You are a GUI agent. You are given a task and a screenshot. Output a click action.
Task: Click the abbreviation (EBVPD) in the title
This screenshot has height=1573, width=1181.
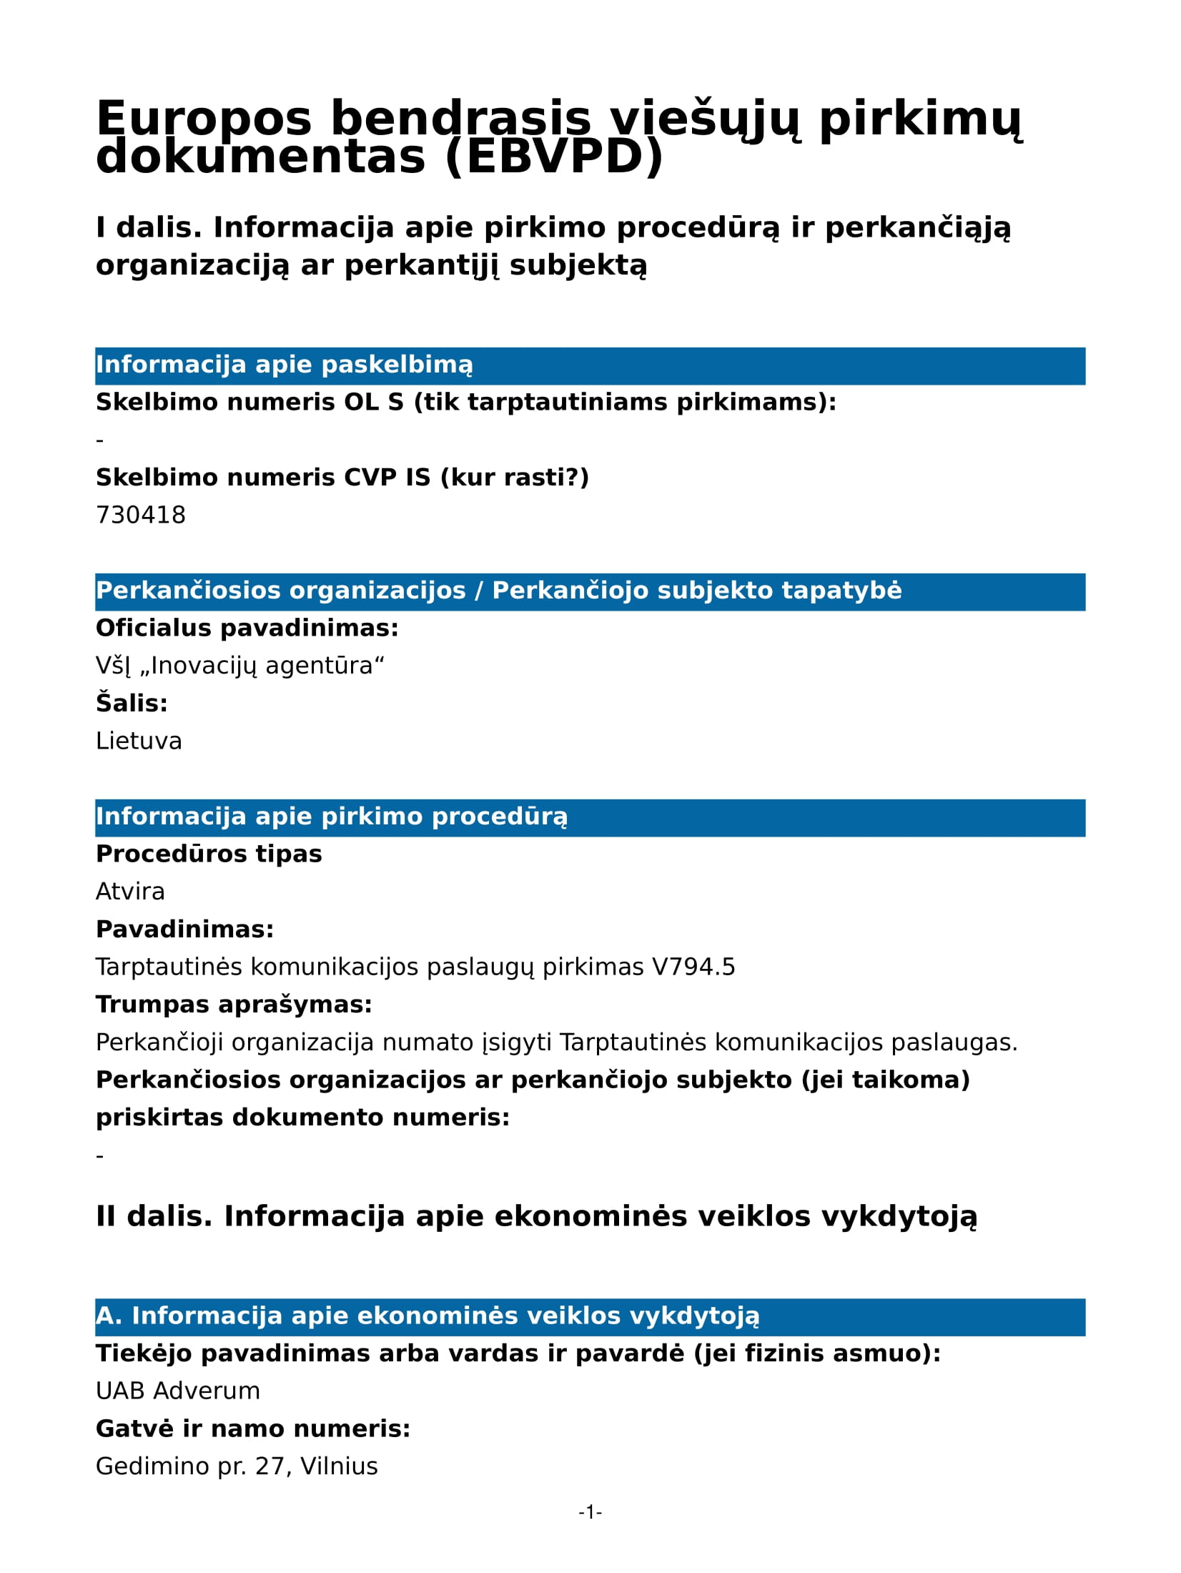coord(555,158)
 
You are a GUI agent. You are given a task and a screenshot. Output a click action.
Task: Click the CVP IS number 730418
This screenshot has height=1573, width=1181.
coord(141,515)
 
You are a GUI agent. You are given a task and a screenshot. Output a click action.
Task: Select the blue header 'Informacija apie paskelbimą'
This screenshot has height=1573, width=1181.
coord(285,365)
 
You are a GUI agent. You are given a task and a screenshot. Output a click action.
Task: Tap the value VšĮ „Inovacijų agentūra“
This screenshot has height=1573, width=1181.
coord(240,666)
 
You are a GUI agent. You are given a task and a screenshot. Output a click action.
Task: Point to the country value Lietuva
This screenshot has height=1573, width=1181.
coord(139,741)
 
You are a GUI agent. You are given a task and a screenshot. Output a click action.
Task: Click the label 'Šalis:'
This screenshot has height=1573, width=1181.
coord(132,704)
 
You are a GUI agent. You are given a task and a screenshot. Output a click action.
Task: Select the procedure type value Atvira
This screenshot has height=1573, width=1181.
coord(130,892)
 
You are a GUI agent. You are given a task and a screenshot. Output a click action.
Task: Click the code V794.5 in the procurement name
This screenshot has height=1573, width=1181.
coord(693,967)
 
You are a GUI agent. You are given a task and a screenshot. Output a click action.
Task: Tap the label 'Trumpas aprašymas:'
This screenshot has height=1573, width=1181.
coord(234,1005)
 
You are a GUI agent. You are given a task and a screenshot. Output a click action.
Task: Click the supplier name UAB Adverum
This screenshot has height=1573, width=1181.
coord(178,1391)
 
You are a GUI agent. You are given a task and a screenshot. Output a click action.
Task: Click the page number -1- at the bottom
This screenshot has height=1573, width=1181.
coord(590,1512)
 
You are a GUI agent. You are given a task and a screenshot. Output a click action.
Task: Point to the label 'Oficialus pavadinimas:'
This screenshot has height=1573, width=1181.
coord(247,628)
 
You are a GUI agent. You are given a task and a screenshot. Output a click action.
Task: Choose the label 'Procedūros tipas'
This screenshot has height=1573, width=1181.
coord(209,854)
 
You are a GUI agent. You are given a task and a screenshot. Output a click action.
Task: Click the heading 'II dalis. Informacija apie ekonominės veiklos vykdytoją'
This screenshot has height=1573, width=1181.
coord(536,1216)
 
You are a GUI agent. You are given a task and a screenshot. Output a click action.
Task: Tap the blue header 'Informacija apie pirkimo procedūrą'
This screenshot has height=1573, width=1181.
coord(332,817)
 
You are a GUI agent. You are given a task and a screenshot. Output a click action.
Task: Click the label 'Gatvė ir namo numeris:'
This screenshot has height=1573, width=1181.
coord(253,1429)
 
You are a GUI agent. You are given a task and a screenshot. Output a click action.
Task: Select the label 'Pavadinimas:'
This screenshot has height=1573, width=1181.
coord(185,929)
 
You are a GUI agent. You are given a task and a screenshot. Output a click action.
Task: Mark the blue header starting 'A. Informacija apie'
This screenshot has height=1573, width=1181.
coord(428,1316)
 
